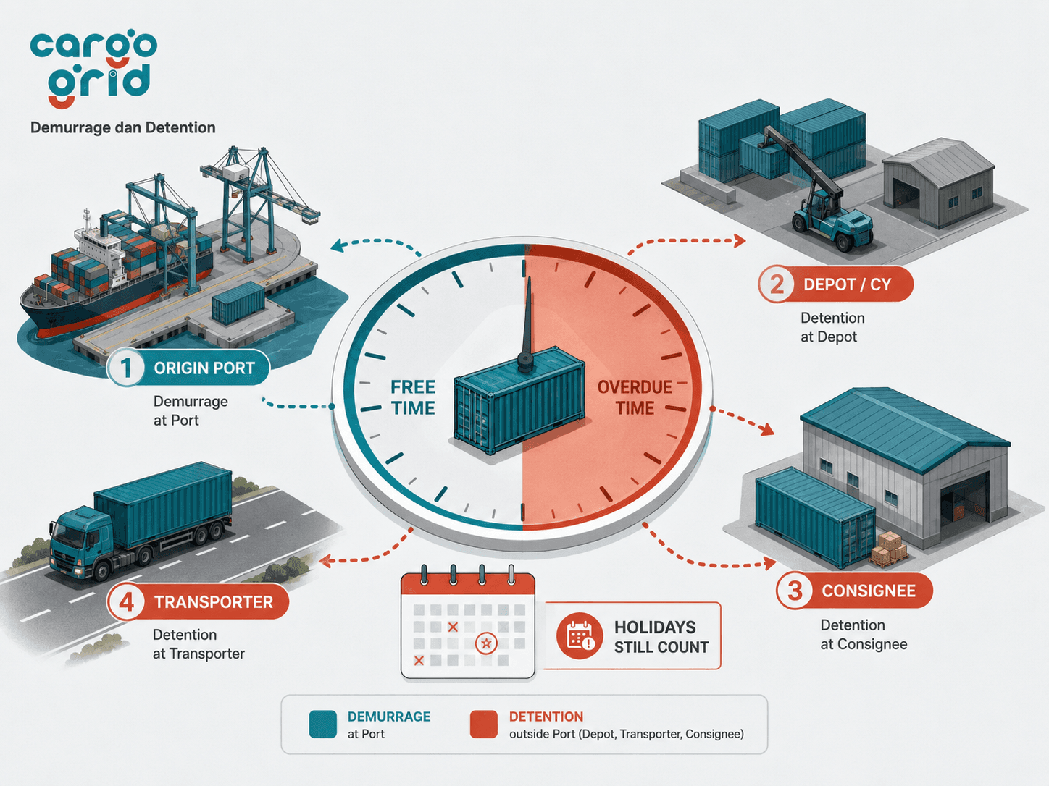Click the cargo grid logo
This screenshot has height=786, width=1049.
(93, 70)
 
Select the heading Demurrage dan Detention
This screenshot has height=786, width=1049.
(123, 128)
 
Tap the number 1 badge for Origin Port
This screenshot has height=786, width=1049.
(125, 368)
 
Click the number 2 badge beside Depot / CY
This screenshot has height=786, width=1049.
(777, 284)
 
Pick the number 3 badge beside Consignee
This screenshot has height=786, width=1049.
(795, 591)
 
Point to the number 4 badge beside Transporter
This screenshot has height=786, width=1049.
(126, 601)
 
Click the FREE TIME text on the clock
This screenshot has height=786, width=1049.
(413, 397)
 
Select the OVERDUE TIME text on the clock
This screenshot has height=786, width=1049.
(634, 397)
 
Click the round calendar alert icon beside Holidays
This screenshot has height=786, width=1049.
(580, 635)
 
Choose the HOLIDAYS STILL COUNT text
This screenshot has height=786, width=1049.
(661, 637)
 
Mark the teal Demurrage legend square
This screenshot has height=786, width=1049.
(322, 724)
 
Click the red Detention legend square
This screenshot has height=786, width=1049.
(484, 724)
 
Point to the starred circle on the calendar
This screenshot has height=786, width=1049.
(486, 643)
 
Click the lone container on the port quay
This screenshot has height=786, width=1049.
(238, 303)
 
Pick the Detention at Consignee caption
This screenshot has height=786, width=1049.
(864, 634)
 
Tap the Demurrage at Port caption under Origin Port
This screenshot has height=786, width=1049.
(191, 410)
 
